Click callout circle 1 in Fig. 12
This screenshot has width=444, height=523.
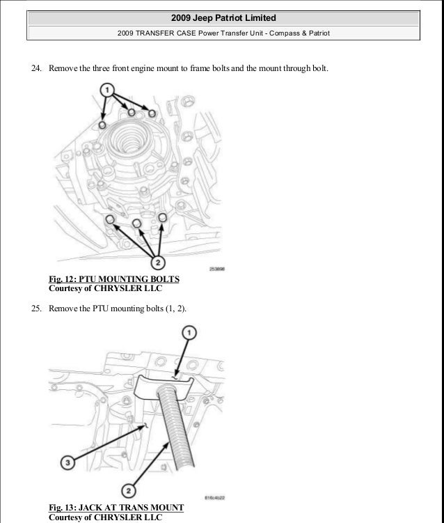coord(106,91)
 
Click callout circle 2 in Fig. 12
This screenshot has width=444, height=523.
coord(158,262)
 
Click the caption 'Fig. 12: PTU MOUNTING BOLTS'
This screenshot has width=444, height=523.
coord(113,280)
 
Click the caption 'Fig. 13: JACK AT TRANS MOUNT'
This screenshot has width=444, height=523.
coord(116,508)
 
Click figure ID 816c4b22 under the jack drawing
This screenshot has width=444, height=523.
coord(214,498)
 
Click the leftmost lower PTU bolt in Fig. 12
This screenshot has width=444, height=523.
coord(110,219)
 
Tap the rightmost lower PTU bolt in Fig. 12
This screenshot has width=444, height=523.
coord(162,218)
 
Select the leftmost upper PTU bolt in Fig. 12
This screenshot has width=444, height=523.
coord(102,125)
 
